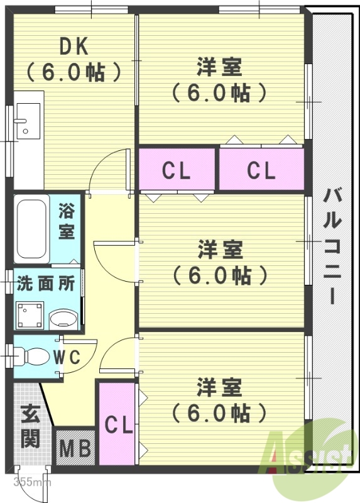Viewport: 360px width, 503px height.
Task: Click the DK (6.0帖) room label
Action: click(x=74, y=59)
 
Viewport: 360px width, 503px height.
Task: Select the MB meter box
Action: click(x=76, y=448)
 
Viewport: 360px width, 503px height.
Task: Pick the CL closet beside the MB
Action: click(x=117, y=424)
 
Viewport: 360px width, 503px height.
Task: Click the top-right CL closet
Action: click(x=261, y=170)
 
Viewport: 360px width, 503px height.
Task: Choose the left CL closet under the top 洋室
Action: click(x=177, y=170)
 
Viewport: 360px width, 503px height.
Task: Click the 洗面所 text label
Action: click(x=46, y=284)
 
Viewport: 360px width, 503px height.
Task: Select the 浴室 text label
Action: click(x=67, y=221)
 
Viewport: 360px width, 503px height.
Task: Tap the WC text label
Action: click(x=66, y=357)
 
